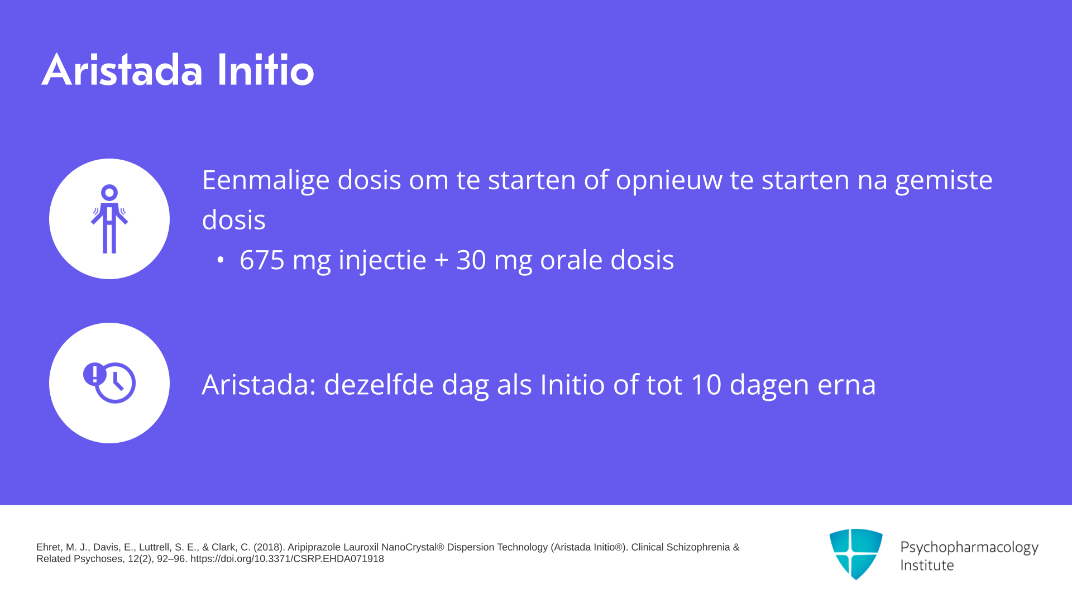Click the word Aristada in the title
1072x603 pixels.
[x=122, y=70]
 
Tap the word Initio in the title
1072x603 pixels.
[x=266, y=70]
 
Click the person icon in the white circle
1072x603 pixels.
[x=109, y=219]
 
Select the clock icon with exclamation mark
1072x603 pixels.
[x=109, y=383]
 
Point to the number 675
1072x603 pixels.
[x=262, y=260]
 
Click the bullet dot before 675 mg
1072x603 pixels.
[x=221, y=260]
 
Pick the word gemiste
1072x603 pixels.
[x=944, y=180]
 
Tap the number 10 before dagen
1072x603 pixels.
[x=706, y=385]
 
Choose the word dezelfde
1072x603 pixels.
[x=379, y=384]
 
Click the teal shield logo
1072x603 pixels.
[x=856, y=554]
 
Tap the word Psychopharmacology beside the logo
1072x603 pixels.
[x=969, y=548]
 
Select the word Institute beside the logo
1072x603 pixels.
[x=927, y=566]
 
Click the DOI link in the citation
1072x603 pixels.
[x=287, y=559]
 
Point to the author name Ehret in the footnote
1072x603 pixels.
[x=49, y=547]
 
